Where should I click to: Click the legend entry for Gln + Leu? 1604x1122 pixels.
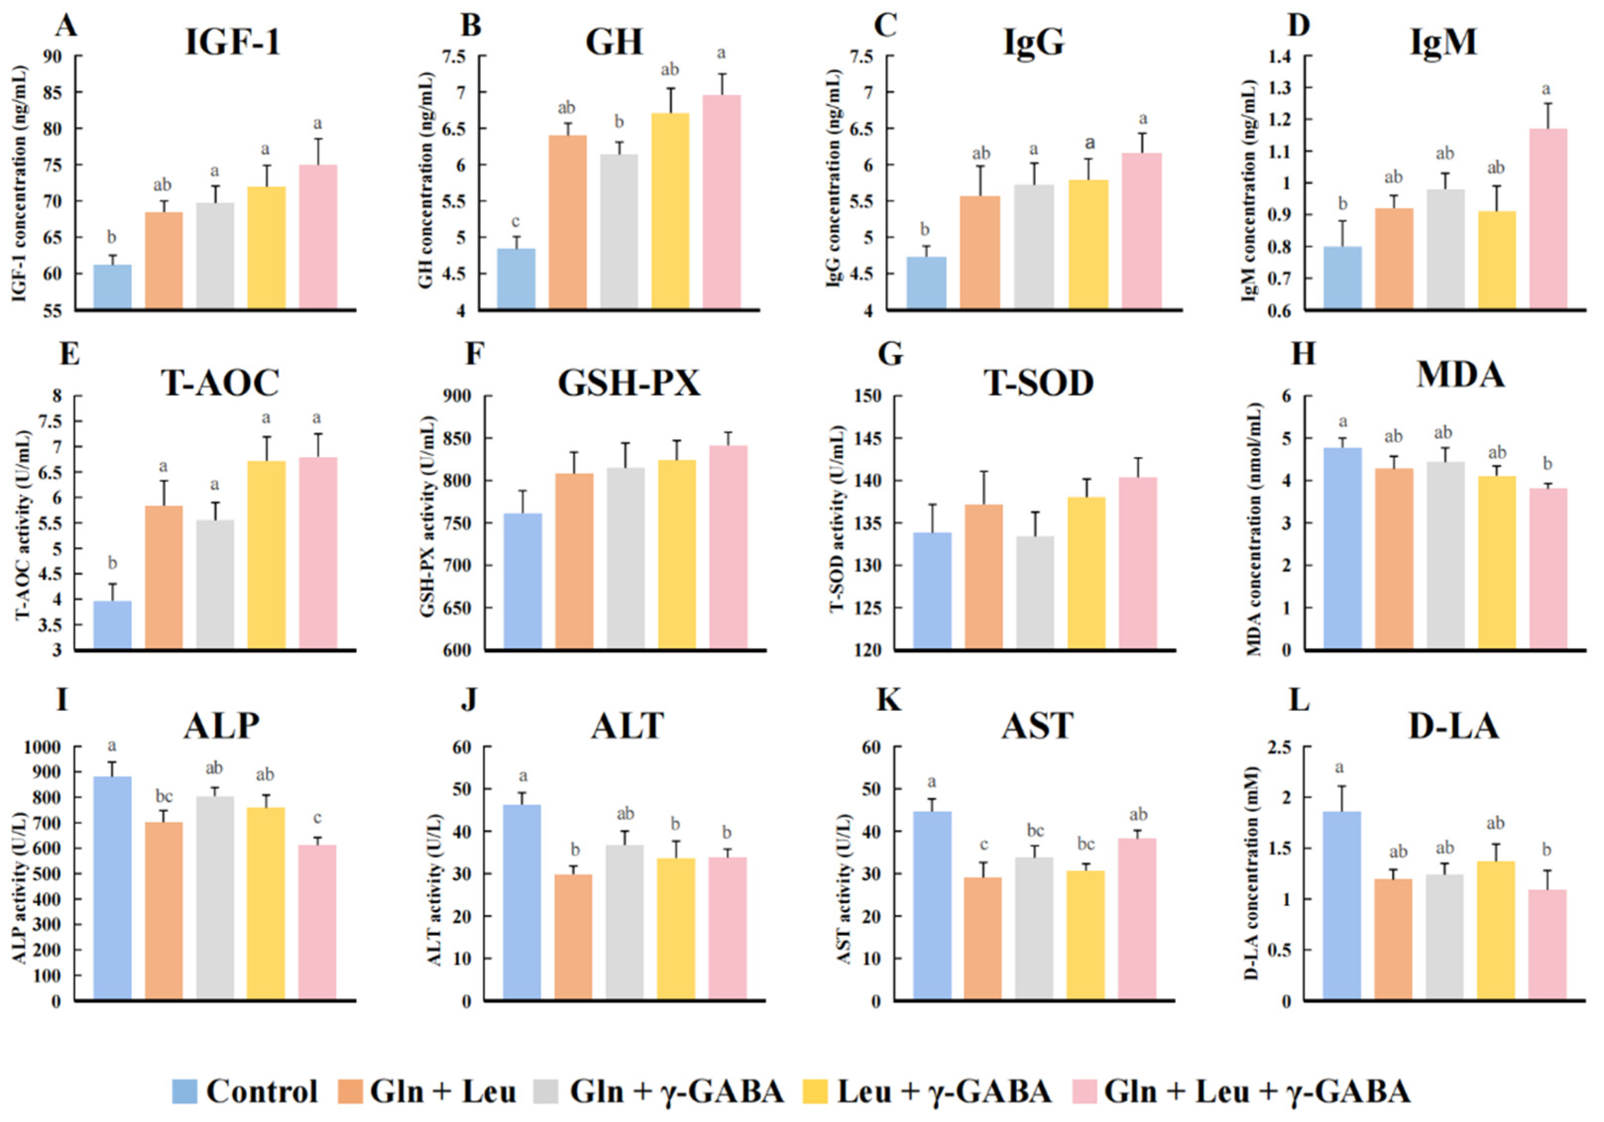tap(428, 1091)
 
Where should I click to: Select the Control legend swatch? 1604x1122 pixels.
tap(185, 1091)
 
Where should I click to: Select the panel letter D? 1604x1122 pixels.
tap(1299, 25)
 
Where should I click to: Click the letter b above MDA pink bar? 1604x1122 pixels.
tap(1548, 463)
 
